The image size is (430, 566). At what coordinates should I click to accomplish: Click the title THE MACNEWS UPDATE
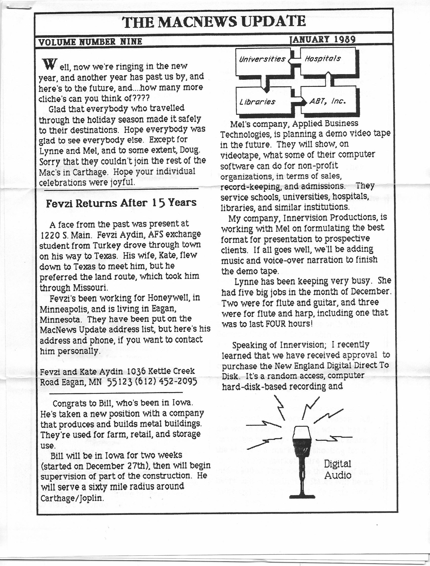tap(214, 22)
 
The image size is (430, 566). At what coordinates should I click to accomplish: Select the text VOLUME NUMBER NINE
tap(90, 42)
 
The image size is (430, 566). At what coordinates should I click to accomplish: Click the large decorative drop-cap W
tap(49, 64)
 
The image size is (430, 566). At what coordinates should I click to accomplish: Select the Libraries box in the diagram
tap(257, 102)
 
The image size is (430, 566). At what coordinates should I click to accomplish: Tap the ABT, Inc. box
tap(328, 102)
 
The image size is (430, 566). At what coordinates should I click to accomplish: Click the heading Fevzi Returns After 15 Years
tap(121, 203)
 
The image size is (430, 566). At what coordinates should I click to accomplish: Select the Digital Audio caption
tap(338, 470)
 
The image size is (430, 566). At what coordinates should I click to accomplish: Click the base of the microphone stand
tap(302, 496)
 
